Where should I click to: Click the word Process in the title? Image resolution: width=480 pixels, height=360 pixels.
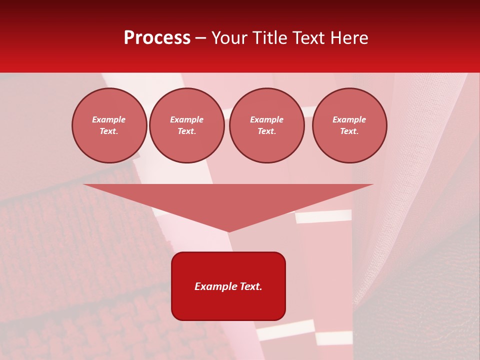157,38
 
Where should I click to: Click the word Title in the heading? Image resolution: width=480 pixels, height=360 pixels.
269,38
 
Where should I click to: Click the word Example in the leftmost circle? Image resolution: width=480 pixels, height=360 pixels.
109,119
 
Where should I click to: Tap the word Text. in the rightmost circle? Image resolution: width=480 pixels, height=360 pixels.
349,131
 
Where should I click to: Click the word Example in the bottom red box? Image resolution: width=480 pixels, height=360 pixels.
215,286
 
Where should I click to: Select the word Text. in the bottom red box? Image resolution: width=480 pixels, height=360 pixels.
251,286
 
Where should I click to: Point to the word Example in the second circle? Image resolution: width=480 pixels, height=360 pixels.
186,119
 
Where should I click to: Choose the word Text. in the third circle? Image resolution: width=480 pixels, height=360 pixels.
266,131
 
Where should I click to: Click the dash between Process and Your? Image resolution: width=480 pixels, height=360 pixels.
201,38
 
